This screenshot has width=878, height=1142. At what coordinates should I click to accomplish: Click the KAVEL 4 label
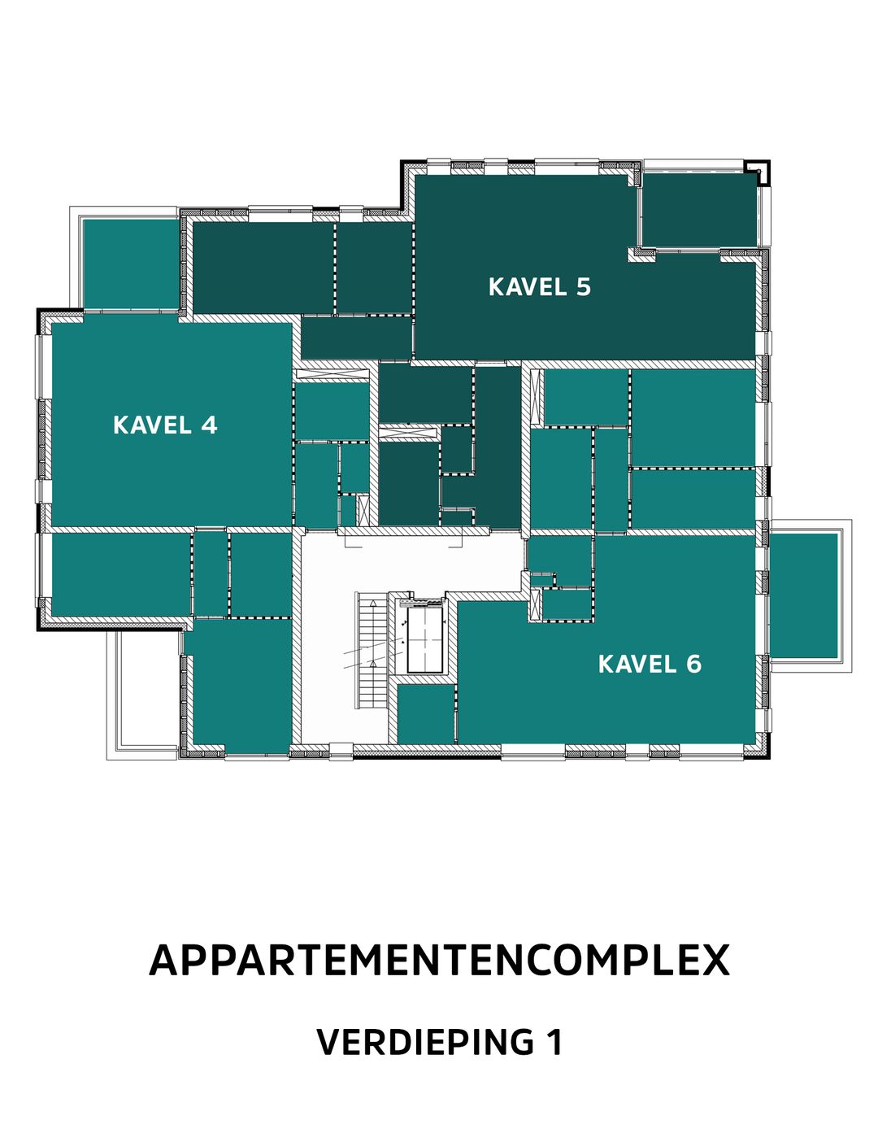coord(165,425)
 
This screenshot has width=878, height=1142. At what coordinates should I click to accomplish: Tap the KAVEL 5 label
coord(539,287)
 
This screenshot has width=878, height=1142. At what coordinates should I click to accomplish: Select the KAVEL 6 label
coord(649,665)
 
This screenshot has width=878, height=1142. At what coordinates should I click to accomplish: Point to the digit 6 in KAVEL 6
coord(693,665)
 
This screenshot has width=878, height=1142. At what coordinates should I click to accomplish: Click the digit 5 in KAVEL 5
coord(583,287)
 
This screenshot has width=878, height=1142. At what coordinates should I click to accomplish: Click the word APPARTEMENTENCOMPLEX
coord(439,961)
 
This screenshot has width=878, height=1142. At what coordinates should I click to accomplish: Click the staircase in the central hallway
coord(372,651)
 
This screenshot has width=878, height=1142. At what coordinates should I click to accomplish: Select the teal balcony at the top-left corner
coord(130,264)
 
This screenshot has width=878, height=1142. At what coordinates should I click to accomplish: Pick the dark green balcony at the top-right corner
coord(699,209)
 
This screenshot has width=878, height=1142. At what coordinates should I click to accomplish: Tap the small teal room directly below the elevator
coord(425,714)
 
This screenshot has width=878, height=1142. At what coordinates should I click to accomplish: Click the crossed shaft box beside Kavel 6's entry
coord(535,604)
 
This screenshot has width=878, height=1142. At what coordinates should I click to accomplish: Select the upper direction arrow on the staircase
coord(373,604)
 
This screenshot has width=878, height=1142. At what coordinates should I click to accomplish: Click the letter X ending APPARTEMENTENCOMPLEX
coord(714,961)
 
